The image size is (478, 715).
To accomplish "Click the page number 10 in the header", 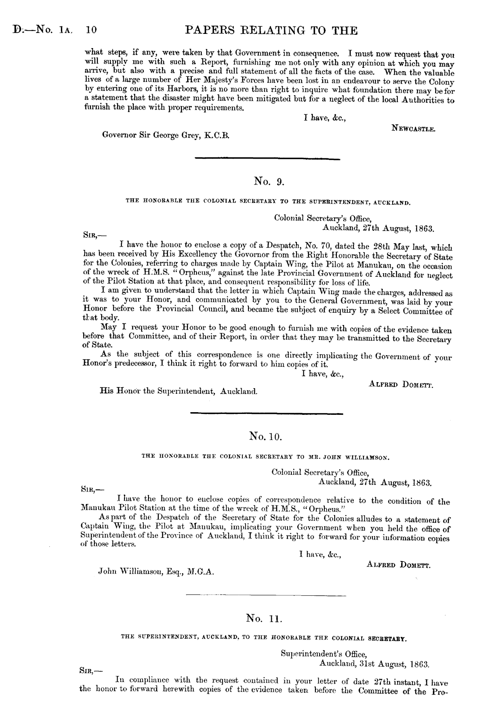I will [x=92, y=30].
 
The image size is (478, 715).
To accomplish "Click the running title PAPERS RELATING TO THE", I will [x=270, y=30].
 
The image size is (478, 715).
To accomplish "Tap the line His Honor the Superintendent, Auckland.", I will [x=178, y=391].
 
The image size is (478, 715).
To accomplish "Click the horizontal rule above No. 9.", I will [x=267, y=159].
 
